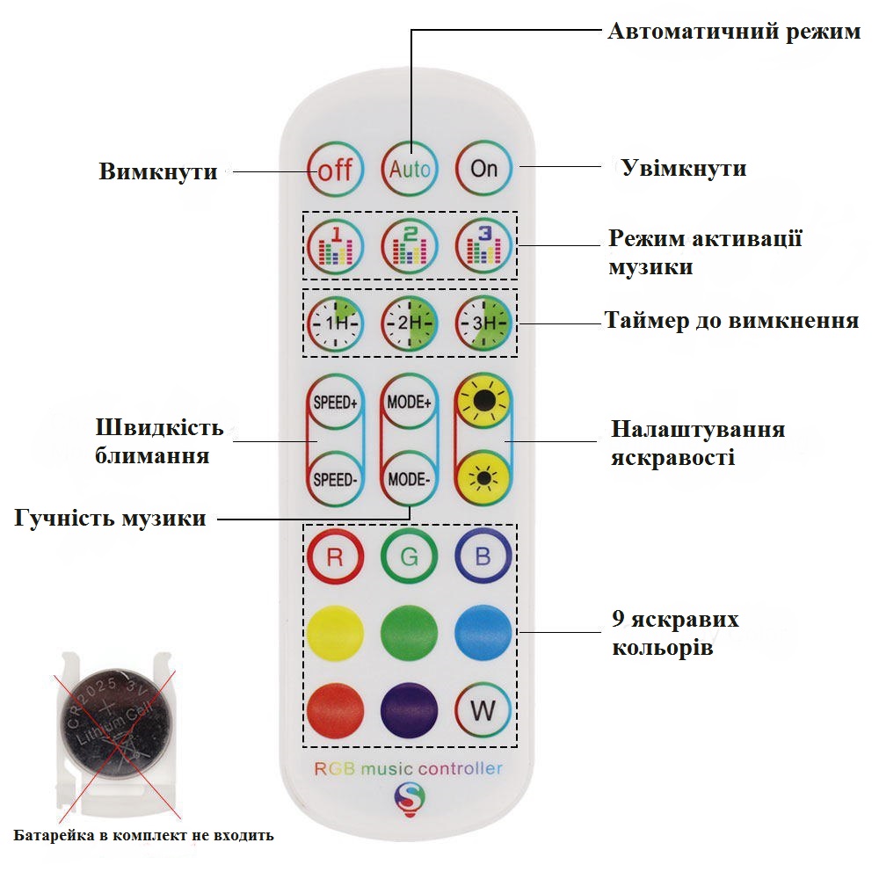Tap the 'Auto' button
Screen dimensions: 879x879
[410, 168]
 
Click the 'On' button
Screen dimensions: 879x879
[483, 168]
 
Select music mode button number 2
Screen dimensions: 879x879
[410, 245]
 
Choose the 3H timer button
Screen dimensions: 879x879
[483, 323]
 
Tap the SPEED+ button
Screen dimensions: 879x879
[335, 402]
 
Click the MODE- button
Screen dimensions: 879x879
[410, 479]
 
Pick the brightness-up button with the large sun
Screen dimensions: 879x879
[483, 401]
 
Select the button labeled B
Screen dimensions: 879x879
[483, 556]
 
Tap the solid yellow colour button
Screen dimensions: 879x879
[335, 633]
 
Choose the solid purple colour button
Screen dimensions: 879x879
[410, 710]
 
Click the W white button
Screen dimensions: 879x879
[483, 710]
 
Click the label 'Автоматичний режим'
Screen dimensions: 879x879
[734, 32]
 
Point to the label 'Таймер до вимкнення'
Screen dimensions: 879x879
[731, 321]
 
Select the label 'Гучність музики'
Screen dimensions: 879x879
[110, 519]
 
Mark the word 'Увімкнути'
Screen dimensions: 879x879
[684, 168]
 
